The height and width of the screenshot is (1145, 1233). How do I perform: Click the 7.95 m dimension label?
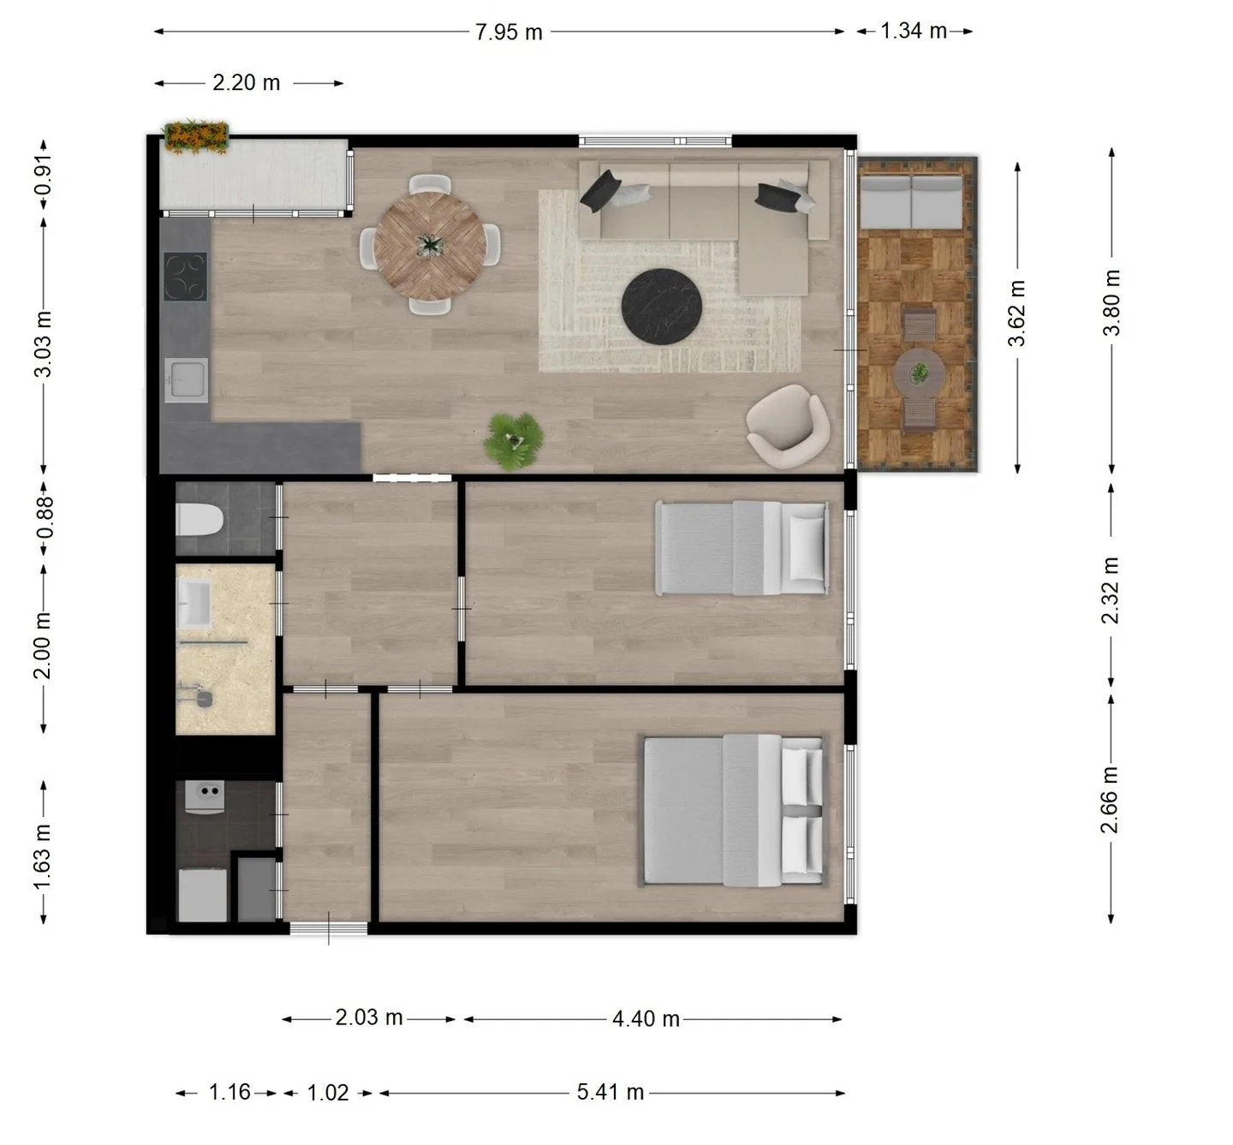click(509, 32)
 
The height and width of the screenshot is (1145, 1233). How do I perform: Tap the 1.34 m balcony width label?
click(914, 31)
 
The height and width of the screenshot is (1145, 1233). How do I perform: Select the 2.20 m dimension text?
click(247, 82)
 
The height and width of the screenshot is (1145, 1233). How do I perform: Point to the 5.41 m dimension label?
click(611, 1092)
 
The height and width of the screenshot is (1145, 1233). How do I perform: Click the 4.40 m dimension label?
click(646, 1019)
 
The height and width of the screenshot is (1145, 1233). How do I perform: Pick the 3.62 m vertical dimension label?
click(1016, 313)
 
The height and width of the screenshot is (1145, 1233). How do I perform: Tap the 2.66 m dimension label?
click(1109, 799)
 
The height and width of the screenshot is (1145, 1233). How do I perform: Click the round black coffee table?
click(662, 306)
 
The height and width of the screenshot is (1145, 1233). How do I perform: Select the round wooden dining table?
click(430, 246)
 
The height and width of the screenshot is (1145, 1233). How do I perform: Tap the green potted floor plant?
click(513, 440)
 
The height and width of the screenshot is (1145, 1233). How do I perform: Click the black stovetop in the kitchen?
click(185, 277)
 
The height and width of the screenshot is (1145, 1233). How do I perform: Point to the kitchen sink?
click(186, 380)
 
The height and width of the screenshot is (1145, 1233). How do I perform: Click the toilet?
click(200, 520)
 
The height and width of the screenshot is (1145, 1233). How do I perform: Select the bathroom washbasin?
click(194, 604)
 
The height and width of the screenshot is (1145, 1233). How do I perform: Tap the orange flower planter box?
click(195, 137)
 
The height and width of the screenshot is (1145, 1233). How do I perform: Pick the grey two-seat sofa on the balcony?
click(911, 202)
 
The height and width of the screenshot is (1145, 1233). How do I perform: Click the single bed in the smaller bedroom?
click(742, 547)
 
